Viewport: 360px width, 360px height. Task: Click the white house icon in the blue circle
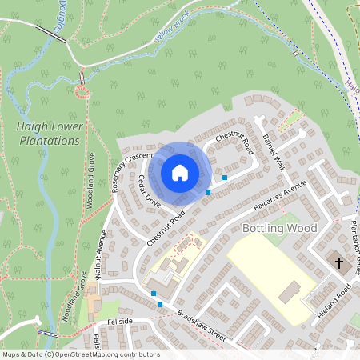point(180,172)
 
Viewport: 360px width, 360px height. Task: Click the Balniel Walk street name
point(273,151)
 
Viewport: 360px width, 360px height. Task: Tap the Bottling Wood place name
point(279,228)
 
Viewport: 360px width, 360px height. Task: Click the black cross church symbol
point(338,263)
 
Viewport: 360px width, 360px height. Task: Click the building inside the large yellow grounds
point(289,292)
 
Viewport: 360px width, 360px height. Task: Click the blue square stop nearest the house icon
point(208,192)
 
